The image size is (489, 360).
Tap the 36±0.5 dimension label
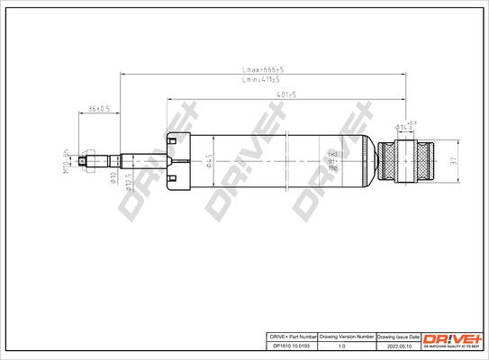[101, 109]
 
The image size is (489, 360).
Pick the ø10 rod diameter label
[112, 178]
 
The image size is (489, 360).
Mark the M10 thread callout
[67, 160]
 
